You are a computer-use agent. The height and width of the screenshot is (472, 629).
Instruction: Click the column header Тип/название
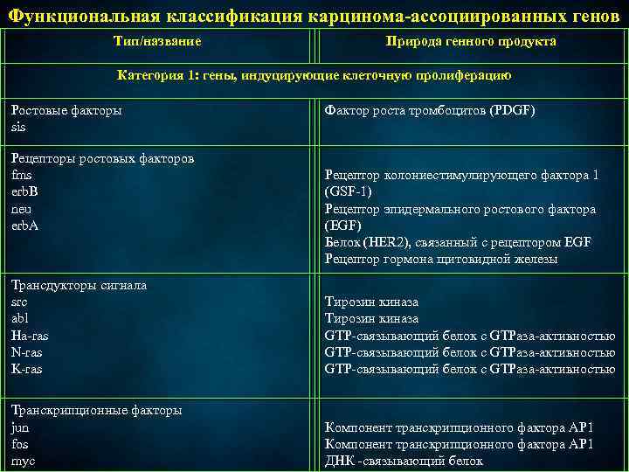157,41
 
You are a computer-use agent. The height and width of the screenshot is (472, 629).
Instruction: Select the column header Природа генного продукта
471,41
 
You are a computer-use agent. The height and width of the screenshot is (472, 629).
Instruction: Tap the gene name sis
18,127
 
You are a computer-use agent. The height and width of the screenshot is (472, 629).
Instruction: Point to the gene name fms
21,175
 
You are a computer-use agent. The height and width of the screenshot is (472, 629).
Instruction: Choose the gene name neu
21,209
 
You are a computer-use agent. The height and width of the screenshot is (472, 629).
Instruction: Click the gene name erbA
24,226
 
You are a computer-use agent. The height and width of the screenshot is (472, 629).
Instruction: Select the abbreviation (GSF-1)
349,192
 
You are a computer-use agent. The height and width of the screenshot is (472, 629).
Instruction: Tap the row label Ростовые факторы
66,110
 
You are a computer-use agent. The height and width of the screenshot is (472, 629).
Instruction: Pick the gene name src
19,302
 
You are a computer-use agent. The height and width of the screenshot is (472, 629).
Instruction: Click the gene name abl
19,318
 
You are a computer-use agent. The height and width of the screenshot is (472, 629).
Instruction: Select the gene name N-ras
26,352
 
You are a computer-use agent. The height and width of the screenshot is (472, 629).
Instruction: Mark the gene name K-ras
26,369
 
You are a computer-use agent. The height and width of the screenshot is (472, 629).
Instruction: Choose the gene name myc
23,462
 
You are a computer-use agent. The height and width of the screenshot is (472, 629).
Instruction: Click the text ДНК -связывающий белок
404,462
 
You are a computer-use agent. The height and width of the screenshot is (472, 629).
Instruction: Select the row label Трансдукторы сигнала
79,285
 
